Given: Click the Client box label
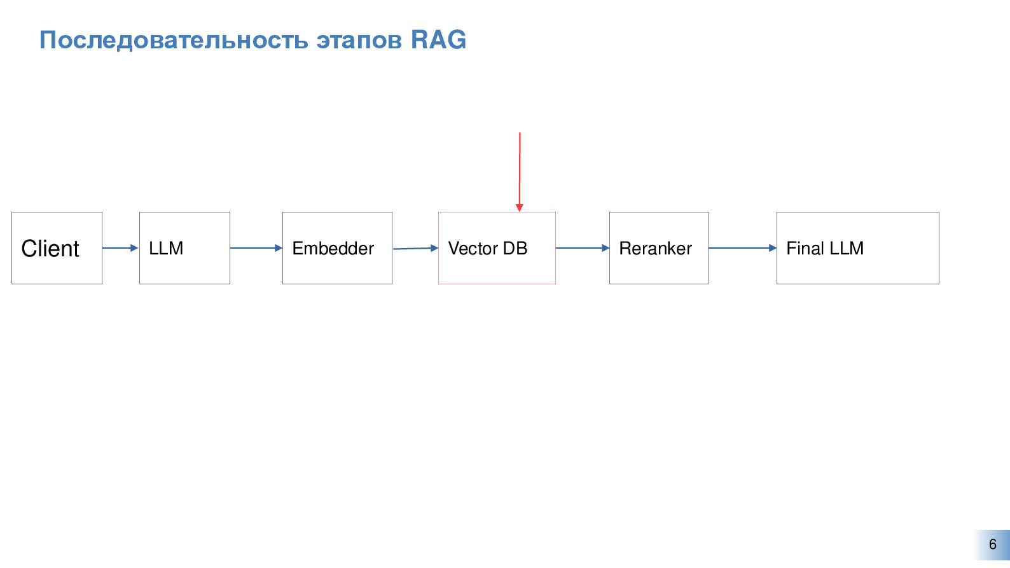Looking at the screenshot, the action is point(50,249).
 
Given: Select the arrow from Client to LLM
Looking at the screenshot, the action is point(120,248).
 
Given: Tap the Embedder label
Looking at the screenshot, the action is point(333,249).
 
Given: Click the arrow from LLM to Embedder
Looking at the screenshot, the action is point(256,248).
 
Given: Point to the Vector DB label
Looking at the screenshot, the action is point(487,249).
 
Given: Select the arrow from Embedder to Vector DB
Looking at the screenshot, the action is point(415,248).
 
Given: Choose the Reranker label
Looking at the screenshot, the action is point(655,249).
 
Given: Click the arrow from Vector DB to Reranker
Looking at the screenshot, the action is point(582,248).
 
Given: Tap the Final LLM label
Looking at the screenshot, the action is point(825,249).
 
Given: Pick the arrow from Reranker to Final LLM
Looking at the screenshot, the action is point(742,248).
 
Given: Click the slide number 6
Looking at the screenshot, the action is point(992,544).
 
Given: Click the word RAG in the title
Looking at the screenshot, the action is point(438,40).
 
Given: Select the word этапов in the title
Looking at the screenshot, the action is point(359,41).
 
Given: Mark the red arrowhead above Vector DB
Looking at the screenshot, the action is point(520,207).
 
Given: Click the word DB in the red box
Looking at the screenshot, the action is point(515,249).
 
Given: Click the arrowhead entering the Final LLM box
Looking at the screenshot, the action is point(773,248).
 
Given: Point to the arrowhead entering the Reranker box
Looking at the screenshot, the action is point(605,248).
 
